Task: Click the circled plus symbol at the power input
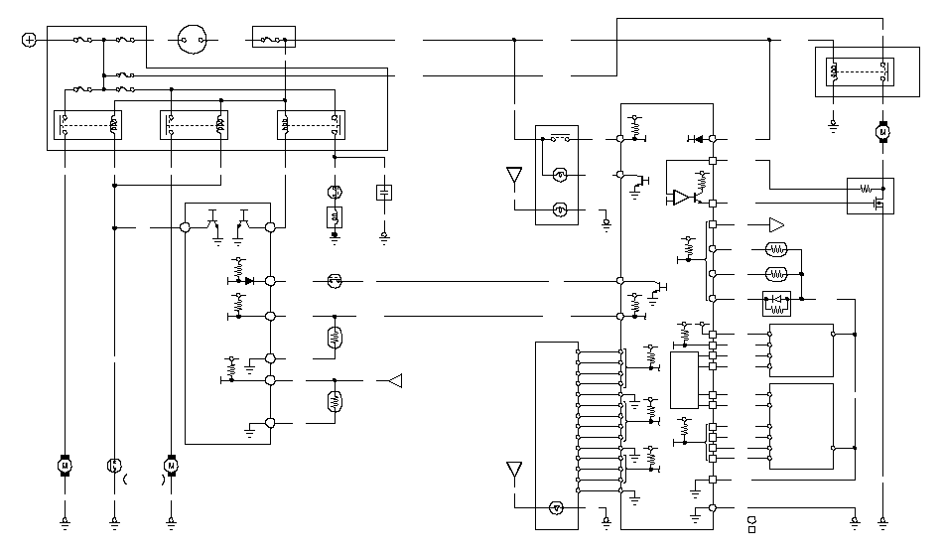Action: click(29, 40)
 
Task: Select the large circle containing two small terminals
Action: click(195, 40)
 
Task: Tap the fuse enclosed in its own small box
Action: click(274, 40)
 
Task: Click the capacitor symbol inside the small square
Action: click(384, 192)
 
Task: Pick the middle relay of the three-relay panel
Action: click(195, 126)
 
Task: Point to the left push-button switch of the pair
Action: click(215, 220)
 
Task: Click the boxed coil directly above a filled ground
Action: click(335, 216)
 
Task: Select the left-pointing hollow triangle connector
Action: click(394, 379)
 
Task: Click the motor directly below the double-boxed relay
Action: click(880, 131)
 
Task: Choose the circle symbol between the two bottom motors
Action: click(113, 465)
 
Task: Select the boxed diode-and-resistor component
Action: click(775, 302)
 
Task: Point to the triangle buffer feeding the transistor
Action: click(681, 198)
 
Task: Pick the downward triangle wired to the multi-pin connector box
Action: click(514, 470)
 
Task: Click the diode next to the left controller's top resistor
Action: click(250, 281)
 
